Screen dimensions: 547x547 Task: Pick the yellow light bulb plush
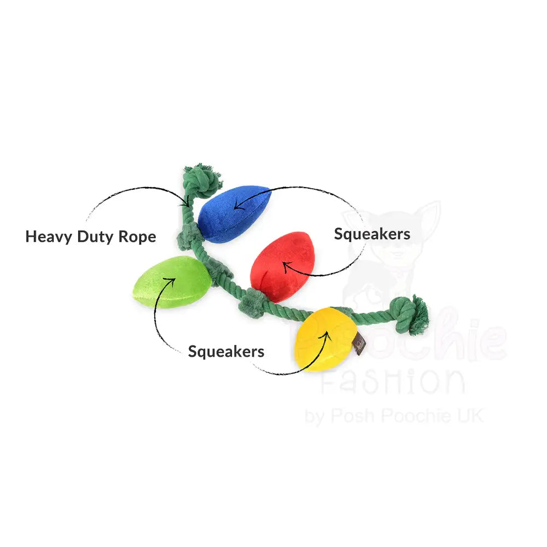coord(323,339)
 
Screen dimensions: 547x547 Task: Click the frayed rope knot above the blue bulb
coord(203,179)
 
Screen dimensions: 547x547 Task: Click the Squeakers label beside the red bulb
coord(372,234)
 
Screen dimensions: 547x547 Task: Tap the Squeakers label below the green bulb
coord(226,351)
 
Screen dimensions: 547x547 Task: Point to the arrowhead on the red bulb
coord(284,266)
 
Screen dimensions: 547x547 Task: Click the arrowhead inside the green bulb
coord(172,281)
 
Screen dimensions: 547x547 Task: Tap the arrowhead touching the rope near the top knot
coord(189,201)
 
